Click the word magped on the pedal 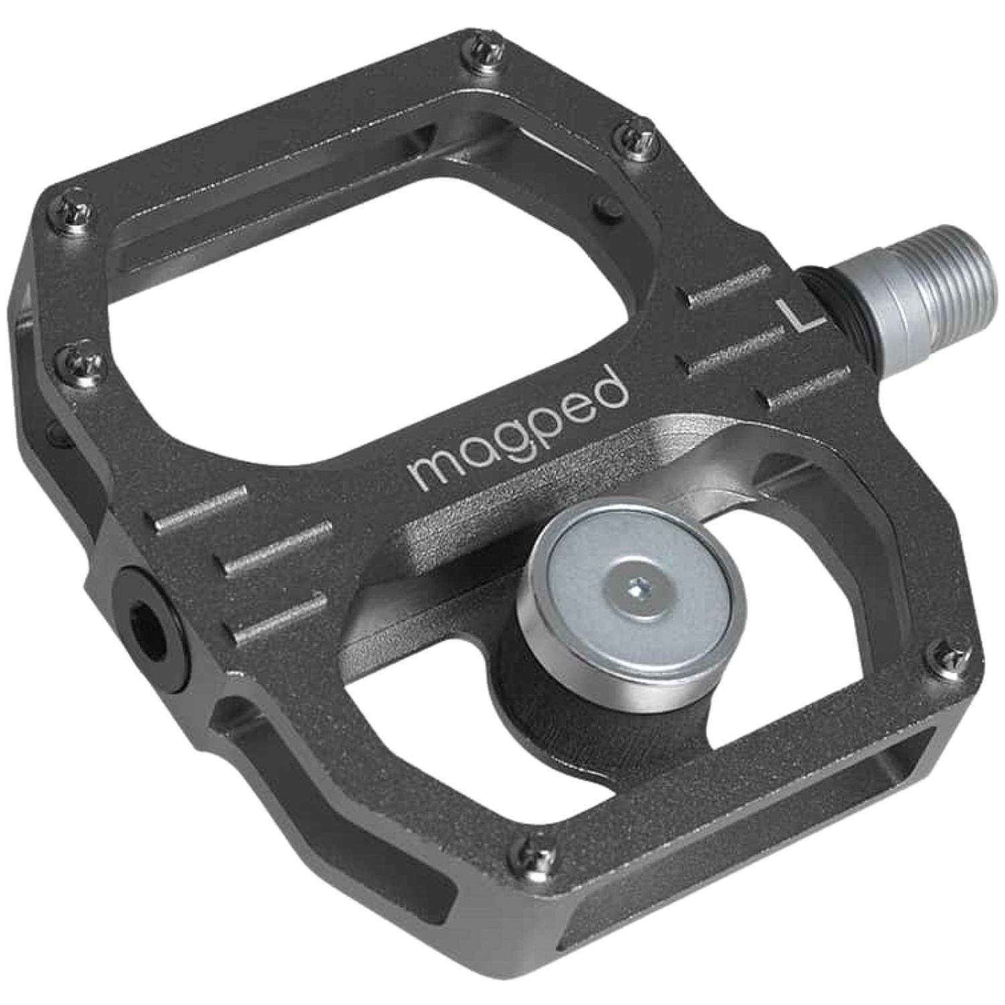click(x=519, y=435)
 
